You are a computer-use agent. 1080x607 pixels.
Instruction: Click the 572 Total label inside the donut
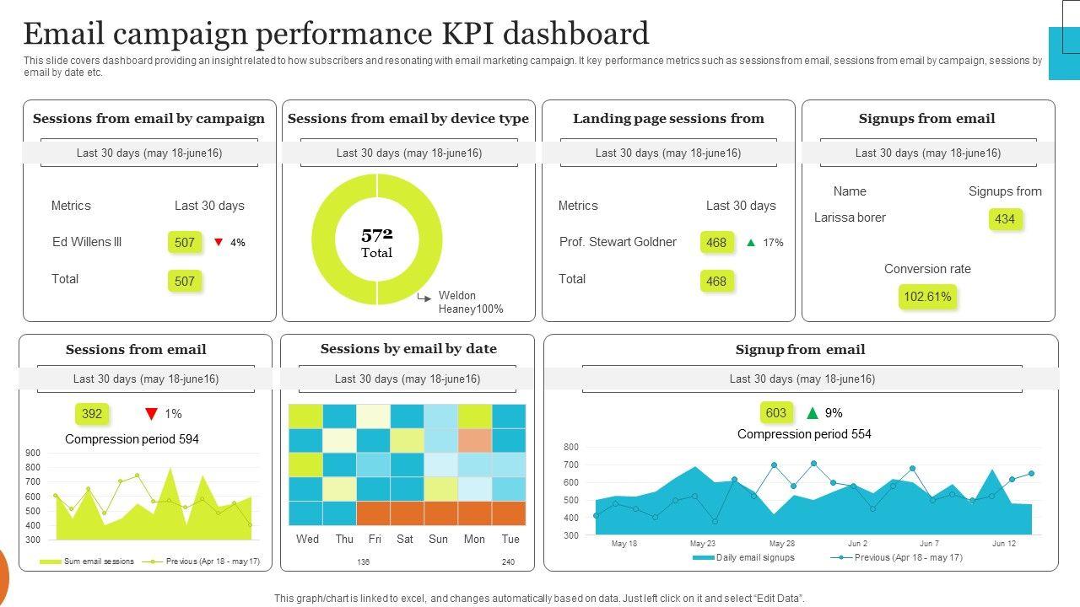pyautogui.click(x=377, y=242)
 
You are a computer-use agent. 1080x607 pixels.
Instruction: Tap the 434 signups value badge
pyautogui.click(x=1005, y=219)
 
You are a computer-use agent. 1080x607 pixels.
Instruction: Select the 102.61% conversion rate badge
pyautogui.click(x=927, y=297)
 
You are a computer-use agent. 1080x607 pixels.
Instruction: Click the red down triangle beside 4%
pyautogui.click(x=219, y=243)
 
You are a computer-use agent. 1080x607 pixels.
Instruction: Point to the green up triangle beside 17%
pyautogui.click(x=751, y=243)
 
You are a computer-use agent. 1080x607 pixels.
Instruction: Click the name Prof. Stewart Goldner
pyautogui.click(x=618, y=242)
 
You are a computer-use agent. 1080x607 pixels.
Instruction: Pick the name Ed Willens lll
pyautogui.click(x=87, y=242)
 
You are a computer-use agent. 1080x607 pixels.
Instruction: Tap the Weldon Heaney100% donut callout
pyautogui.click(x=470, y=303)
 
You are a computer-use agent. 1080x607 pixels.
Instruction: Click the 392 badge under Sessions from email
pyautogui.click(x=92, y=414)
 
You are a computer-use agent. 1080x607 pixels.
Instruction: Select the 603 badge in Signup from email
pyautogui.click(x=775, y=413)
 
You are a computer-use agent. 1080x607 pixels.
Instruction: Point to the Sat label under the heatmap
pyautogui.click(x=405, y=540)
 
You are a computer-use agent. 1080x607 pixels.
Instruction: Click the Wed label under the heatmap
pyautogui.click(x=308, y=540)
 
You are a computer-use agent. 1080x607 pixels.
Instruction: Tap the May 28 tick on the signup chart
pyautogui.click(x=781, y=544)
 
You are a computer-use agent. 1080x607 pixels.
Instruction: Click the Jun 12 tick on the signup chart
pyautogui.click(x=1003, y=544)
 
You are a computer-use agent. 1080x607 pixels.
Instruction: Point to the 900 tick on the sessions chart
pyautogui.click(x=33, y=454)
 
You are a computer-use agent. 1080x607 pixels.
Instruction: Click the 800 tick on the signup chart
pyautogui.click(x=571, y=447)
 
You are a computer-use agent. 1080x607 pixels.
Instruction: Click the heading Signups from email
pyautogui.click(x=926, y=119)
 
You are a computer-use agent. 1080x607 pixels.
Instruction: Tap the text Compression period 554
pyautogui.click(x=804, y=434)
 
